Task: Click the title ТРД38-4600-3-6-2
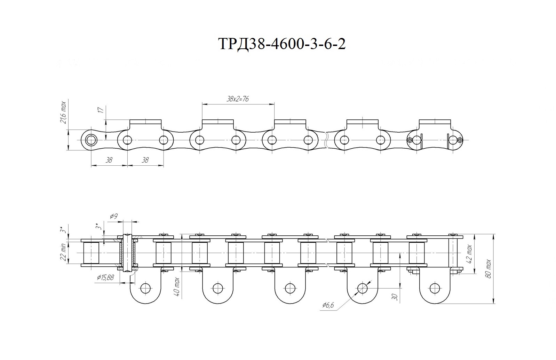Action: pos(282,44)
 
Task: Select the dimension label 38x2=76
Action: pos(238,99)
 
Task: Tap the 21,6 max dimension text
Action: pos(63,112)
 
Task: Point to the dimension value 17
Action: pos(101,110)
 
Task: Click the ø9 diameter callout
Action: pos(114,217)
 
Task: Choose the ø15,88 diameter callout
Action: pos(105,277)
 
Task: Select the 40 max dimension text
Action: pos(177,287)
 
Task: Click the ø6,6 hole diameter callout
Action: pos(328,305)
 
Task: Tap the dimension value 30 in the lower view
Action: pos(396,297)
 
